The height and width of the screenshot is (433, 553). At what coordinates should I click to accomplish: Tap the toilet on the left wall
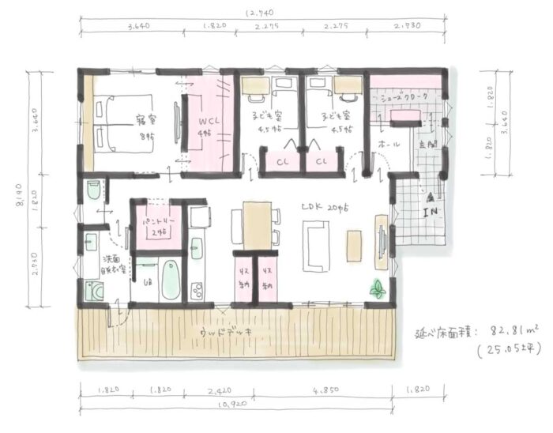(x=92, y=190)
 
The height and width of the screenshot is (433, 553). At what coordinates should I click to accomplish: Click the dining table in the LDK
(x=257, y=224)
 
